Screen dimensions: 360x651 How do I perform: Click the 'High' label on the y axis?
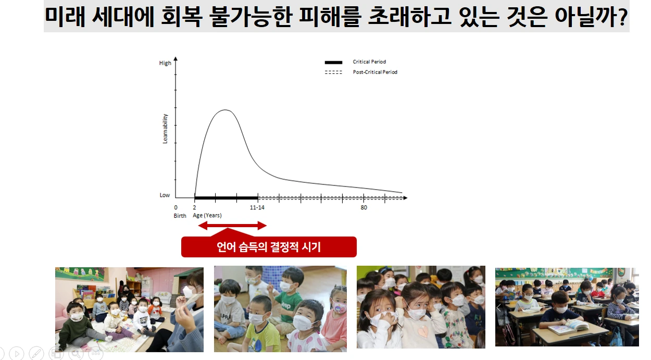click(165, 63)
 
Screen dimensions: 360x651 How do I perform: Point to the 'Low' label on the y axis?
click(165, 195)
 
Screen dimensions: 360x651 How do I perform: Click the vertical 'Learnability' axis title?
click(165, 129)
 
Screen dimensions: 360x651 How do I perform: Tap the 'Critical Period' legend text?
click(369, 62)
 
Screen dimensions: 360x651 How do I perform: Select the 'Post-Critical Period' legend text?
click(375, 72)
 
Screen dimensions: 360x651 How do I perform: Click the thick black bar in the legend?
click(333, 63)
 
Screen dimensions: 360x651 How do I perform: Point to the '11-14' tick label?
click(257, 207)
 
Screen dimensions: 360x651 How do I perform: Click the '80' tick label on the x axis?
click(364, 207)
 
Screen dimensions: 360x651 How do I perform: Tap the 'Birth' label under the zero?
click(180, 216)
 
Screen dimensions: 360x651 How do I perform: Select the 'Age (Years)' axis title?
click(207, 216)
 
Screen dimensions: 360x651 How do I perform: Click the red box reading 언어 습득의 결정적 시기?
click(269, 247)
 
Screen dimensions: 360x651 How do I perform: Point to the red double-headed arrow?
click(232, 226)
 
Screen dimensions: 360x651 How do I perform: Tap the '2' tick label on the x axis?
click(195, 207)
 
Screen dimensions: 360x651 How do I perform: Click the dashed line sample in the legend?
click(333, 72)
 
